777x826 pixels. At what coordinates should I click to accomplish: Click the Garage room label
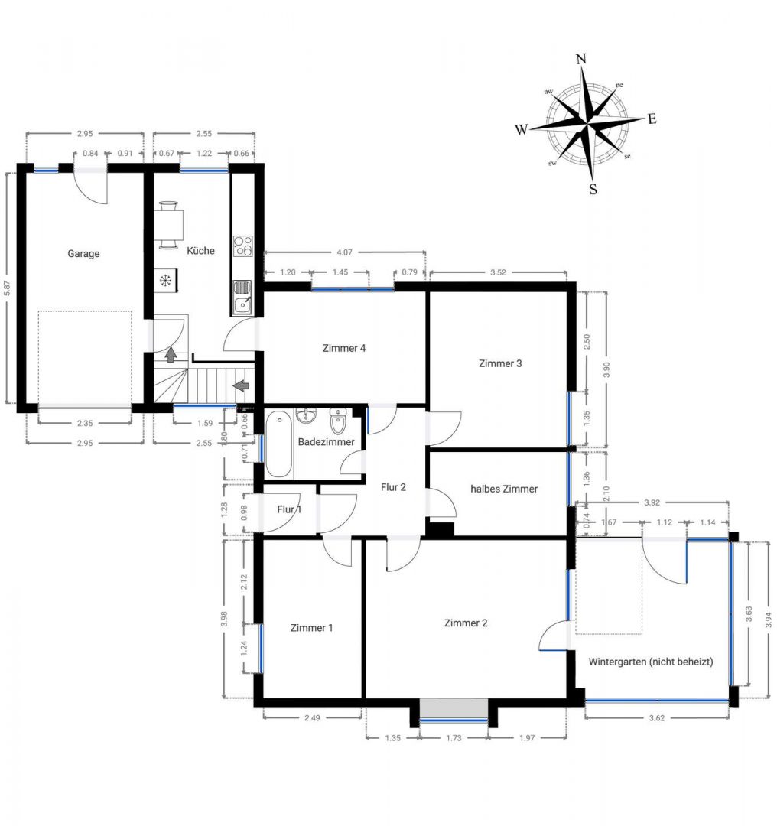(83, 254)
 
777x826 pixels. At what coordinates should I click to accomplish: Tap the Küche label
(200, 250)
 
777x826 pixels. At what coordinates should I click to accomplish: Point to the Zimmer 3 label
(500, 363)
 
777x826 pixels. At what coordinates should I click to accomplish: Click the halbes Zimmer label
(504, 489)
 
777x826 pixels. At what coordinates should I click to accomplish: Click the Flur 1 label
(289, 509)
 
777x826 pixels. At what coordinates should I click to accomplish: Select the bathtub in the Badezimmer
(279, 444)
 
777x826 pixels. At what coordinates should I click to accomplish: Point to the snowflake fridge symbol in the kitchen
(164, 281)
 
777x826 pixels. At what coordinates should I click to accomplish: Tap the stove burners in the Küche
(243, 246)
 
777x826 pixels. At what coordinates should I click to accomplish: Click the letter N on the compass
(581, 60)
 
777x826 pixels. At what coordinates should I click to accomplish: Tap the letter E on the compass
(652, 119)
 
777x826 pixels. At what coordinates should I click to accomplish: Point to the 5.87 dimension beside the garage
(8, 288)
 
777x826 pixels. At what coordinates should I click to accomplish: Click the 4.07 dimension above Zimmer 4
(344, 251)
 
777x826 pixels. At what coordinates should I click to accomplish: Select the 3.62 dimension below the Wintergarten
(657, 718)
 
